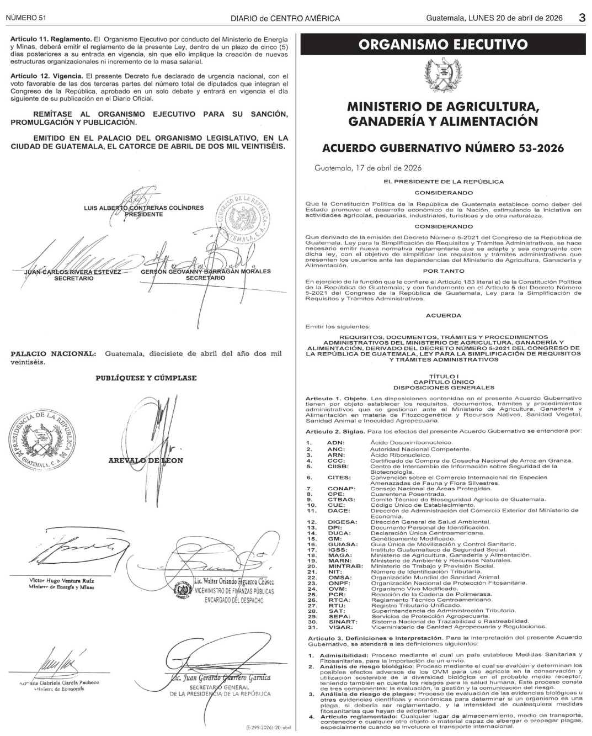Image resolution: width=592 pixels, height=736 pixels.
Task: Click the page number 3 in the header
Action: pyautogui.click(x=582, y=18)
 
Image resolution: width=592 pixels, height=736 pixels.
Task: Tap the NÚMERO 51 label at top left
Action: pyautogui.click(x=26, y=18)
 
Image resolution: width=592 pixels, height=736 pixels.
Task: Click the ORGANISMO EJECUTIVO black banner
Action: pyautogui.click(x=442, y=45)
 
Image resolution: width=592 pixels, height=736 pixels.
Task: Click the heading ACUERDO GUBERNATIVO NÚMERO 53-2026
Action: pyautogui.click(x=442, y=148)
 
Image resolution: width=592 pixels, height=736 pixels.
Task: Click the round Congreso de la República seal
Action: pyautogui.click(x=242, y=220)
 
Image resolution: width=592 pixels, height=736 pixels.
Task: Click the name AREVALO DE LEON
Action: pyautogui.click(x=146, y=460)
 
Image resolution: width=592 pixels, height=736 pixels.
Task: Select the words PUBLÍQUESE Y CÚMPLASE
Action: pyautogui.click(x=146, y=378)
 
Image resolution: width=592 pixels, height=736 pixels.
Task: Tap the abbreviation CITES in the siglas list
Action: pyautogui.click(x=338, y=478)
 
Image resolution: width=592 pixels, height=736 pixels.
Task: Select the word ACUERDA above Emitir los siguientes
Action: pyautogui.click(x=444, y=315)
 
